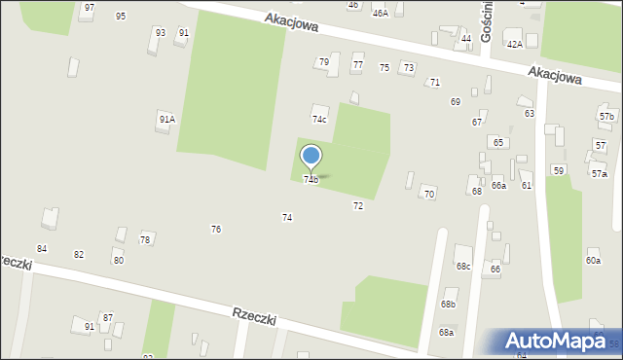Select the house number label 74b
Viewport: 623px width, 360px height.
(311, 180)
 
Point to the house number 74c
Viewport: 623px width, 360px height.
(319, 119)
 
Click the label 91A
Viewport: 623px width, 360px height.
(166, 119)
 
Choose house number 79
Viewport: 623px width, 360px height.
(324, 62)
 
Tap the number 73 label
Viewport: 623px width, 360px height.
(409, 67)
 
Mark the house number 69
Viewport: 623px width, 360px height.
(456, 102)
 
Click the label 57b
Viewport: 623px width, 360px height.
(606, 117)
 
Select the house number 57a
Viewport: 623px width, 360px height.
(599, 173)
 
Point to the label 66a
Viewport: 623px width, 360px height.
(498, 185)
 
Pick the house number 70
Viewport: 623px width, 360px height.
(429, 195)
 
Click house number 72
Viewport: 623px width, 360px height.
(358, 206)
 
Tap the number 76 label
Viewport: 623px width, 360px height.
(216, 230)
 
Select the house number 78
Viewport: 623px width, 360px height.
(145, 239)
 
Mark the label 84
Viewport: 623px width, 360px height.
(42, 250)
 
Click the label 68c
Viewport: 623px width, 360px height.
(463, 267)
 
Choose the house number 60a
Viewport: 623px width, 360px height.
(593, 261)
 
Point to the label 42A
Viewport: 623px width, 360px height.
(514, 44)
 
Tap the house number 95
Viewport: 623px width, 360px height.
(121, 17)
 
